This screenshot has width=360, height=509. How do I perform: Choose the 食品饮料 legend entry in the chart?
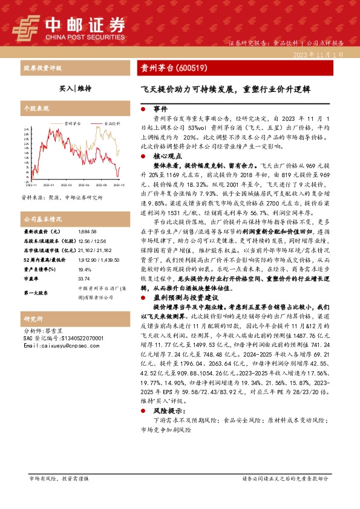pos(110,122)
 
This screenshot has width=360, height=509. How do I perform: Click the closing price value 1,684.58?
pos(88,232)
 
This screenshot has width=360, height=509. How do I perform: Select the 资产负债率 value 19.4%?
pos(85,270)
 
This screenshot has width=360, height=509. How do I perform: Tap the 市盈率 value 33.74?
pos(84,279)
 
